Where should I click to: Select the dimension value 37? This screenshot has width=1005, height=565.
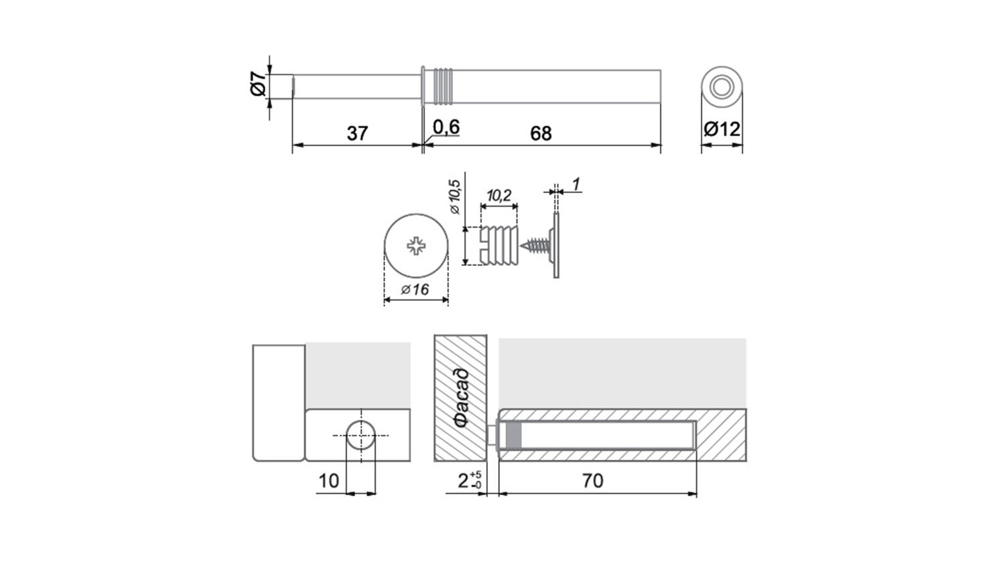[x=357, y=134]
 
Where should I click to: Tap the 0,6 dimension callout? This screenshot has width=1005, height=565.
[x=446, y=127]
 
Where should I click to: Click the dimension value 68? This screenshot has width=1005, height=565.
[x=541, y=134]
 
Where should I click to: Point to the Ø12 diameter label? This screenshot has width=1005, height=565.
[x=722, y=130]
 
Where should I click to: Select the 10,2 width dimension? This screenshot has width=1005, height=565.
[x=498, y=195]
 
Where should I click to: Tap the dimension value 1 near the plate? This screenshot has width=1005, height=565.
[x=576, y=184]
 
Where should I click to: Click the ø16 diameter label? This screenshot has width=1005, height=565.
[x=415, y=290]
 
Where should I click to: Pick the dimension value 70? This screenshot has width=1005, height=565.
[x=593, y=481]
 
